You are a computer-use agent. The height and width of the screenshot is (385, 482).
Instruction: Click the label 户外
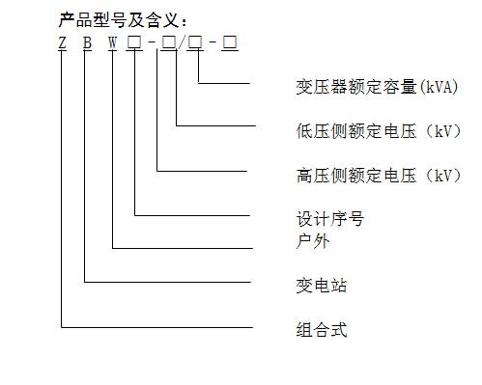(312, 240)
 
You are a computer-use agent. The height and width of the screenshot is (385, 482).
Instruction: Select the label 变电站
(321, 287)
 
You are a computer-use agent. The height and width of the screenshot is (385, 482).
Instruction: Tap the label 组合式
(321, 330)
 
